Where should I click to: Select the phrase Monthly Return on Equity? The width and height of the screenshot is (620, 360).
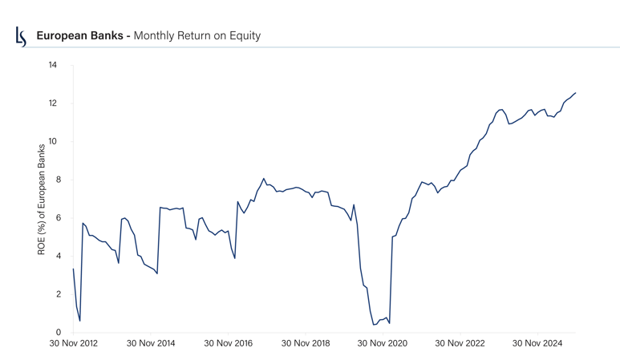(x=197, y=36)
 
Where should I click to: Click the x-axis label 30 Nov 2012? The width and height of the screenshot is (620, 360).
(x=73, y=344)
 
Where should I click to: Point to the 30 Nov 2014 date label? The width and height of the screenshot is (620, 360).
(x=150, y=344)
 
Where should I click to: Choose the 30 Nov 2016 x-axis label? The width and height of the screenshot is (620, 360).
(x=228, y=344)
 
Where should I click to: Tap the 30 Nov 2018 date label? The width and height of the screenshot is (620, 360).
(x=305, y=344)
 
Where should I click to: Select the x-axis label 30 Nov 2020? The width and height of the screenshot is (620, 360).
(x=383, y=344)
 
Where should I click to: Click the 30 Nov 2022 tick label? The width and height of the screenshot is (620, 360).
(x=460, y=344)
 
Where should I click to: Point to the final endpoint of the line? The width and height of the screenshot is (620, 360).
(x=575, y=93)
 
